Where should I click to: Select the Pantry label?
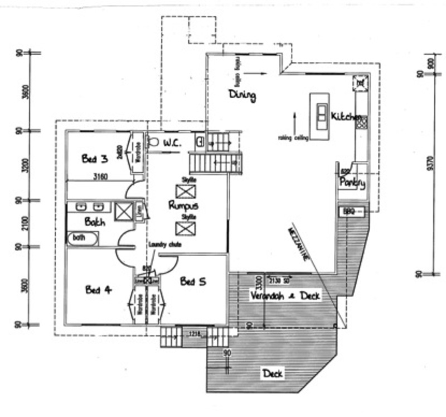click(x=352, y=182)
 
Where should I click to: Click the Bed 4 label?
click(x=99, y=290)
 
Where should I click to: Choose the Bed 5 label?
click(x=193, y=282)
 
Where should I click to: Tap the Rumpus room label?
click(x=183, y=205)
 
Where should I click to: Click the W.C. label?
click(x=172, y=143)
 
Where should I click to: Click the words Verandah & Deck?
click(x=285, y=295)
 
